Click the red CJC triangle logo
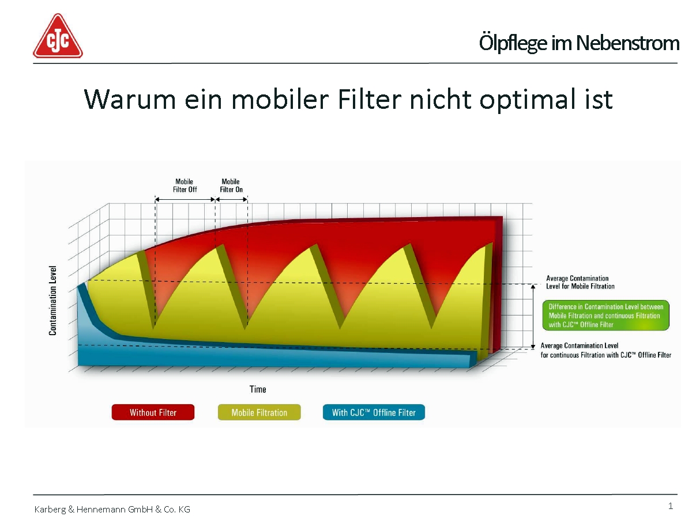[58, 36]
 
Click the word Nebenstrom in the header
[627, 43]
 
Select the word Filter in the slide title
[369, 100]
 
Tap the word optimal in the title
[527, 100]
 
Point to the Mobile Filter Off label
[185, 185]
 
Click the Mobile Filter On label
[231, 185]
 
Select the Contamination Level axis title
[52, 301]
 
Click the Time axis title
[258, 389]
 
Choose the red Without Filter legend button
[153, 412]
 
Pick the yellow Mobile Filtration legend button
[259, 412]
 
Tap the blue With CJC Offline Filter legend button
[374, 412]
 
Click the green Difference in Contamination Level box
[605, 315]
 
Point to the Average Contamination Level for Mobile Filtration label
[580, 282]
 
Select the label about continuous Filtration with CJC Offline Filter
[605, 350]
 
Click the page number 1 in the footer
[670, 506]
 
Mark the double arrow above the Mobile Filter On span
[231, 199]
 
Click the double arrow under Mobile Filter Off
[185, 199]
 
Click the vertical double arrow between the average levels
[533, 316]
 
